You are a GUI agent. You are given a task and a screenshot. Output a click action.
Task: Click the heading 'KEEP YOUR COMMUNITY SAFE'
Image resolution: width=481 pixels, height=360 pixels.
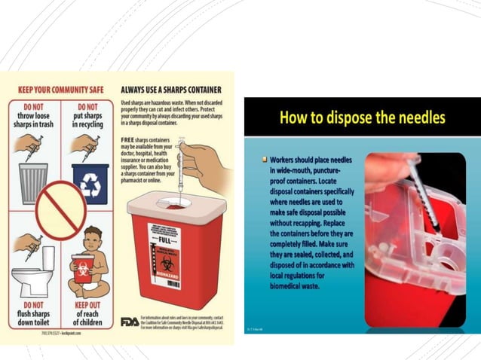(57, 88)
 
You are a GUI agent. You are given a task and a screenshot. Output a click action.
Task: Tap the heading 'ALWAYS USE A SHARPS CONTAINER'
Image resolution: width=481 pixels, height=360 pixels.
(172, 88)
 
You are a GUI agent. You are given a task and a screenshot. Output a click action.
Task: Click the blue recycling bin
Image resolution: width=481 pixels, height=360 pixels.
(90, 183)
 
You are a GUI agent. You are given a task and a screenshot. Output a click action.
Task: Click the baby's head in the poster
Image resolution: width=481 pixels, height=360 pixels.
(93, 241)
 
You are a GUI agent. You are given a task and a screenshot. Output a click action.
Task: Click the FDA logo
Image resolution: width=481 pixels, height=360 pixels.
(130, 322)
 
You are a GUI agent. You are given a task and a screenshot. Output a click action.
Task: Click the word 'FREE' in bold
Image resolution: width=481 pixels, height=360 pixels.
(127, 140)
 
